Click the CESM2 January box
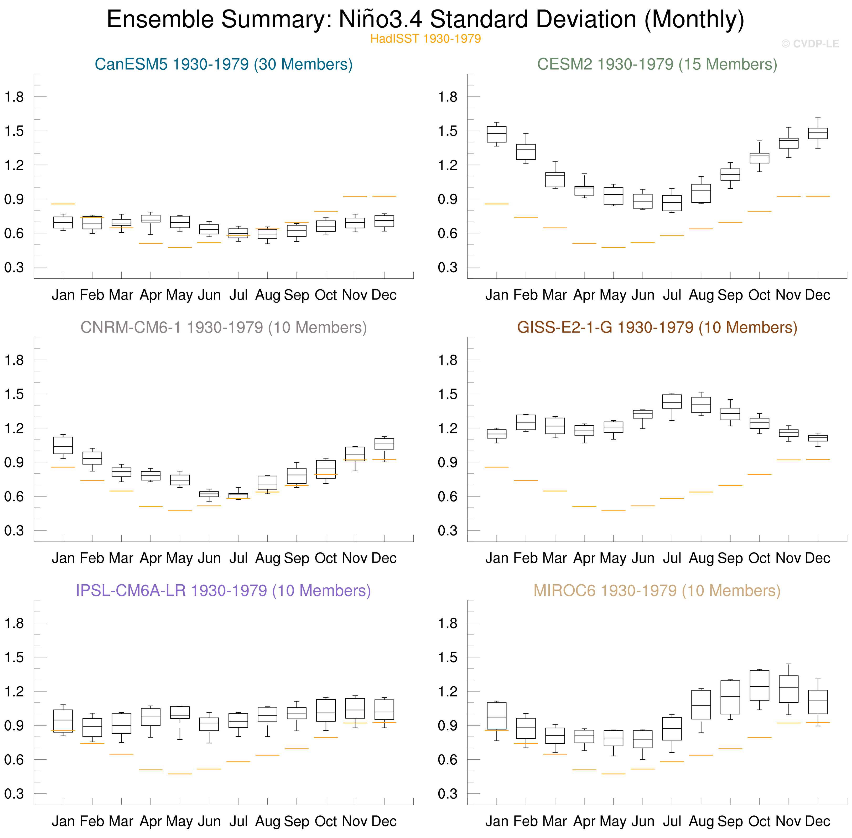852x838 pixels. pos(497,134)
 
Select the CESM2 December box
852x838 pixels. pos(818,133)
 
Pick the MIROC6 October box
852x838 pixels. pos(759,685)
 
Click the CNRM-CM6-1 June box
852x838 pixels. pos(209,494)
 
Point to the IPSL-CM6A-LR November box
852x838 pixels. pos(355,708)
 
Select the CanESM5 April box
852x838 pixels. pos(150,218)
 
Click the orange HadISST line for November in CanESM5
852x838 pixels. pos(355,197)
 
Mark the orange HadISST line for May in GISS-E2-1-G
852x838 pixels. pos(613,510)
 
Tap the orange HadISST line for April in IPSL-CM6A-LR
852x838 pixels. pos(150,770)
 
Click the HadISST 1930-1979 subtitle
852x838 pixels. pos(425,39)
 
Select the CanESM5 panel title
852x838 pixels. pos(224,64)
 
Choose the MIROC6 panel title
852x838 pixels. pos(657,591)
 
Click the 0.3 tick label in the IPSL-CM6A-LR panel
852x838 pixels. pos(14,794)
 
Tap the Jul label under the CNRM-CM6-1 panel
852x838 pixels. pos(238,558)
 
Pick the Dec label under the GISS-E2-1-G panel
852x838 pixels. pos(818,558)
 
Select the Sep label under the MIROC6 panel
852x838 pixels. pos(730,821)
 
